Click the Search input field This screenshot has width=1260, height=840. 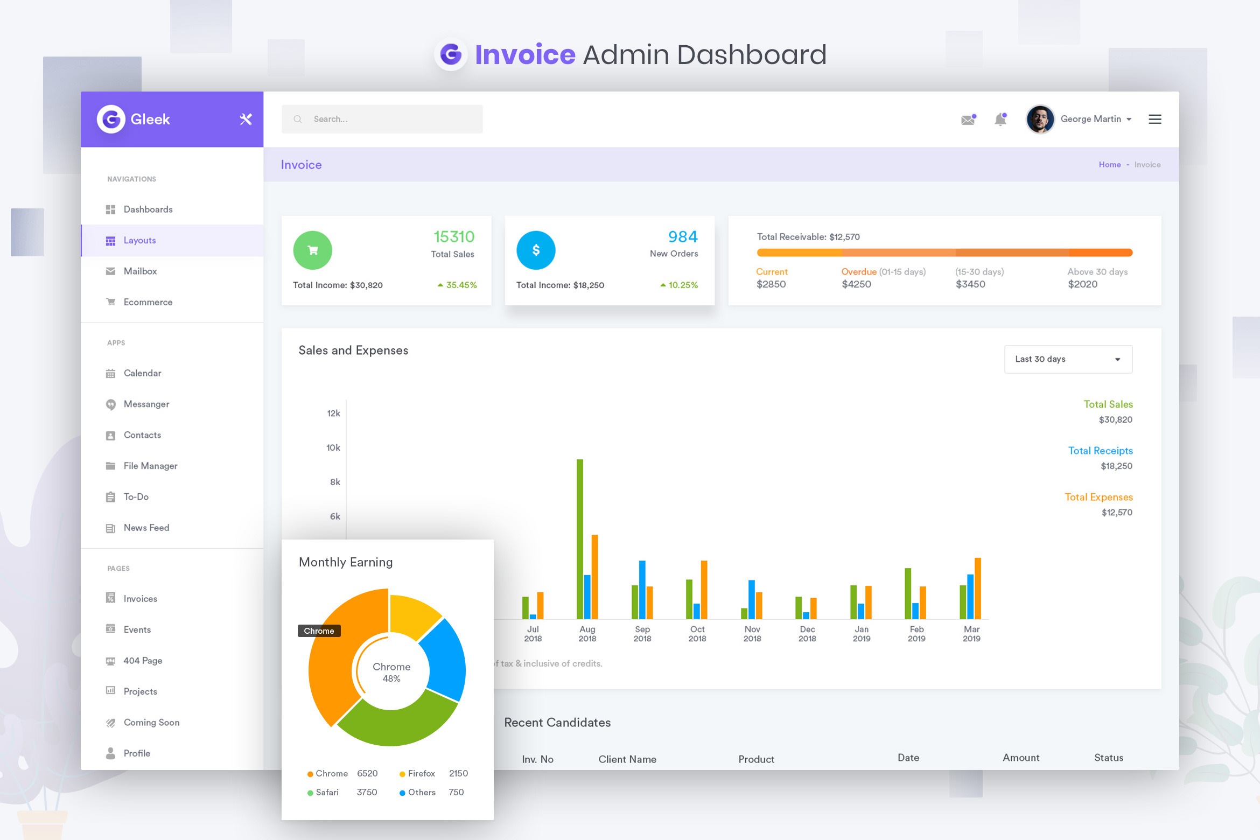[x=382, y=119]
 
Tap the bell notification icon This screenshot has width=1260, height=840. [x=1000, y=119]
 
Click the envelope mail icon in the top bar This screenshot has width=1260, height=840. [x=968, y=120]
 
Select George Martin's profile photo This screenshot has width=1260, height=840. [x=1040, y=119]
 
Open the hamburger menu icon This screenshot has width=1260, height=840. [x=1154, y=119]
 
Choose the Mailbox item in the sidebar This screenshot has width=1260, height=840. [x=140, y=271]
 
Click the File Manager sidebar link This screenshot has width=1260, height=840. [x=150, y=466]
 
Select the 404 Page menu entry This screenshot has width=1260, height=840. [x=143, y=661]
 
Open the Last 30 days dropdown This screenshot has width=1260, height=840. [x=1068, y=359]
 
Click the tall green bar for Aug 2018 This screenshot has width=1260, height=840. [x=580, y=538]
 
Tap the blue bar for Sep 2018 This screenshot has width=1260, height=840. [x=642, y=589]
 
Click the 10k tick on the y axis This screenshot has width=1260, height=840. [x=333, y=448]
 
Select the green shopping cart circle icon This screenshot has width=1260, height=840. [x=312, y=250]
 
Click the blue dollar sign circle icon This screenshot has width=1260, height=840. [x=536, y=250]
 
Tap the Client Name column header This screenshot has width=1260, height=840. [x=627, y=759]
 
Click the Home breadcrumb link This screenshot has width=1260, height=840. [x=1110, y=165]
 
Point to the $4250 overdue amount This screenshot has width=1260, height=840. [x=856, y=284]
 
